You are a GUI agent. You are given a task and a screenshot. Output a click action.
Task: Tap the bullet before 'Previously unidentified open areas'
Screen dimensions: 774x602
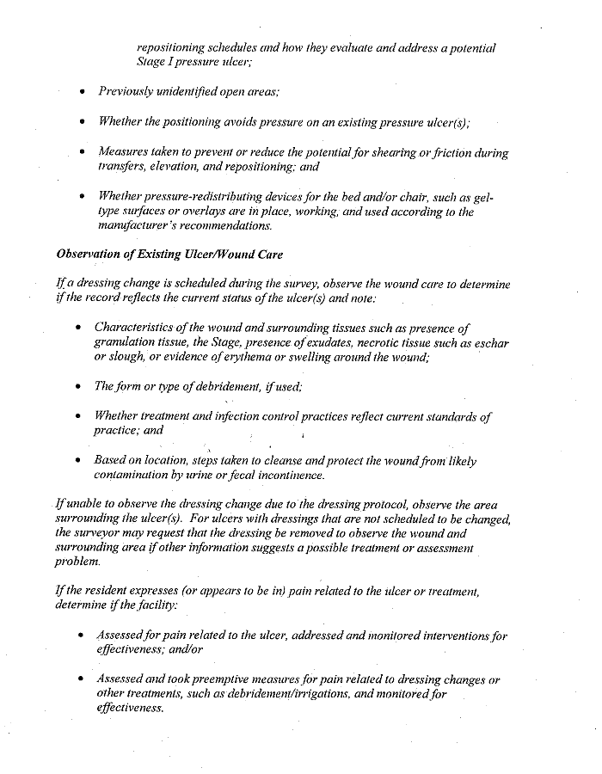pos(82,91)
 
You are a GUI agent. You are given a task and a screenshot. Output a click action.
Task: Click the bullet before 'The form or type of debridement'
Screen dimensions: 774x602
pos(79,386)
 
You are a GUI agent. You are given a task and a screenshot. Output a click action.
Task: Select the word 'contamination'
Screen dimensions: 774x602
pos(133,475)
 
